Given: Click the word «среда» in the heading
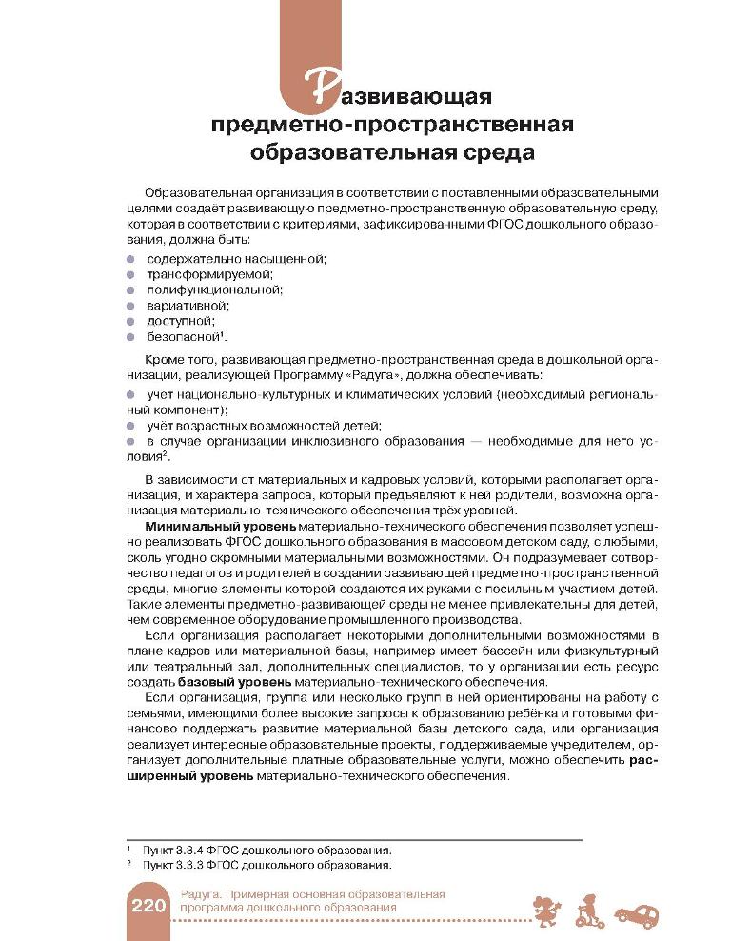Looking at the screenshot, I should pos(494,151).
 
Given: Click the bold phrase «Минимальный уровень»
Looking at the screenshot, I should pos(219,526).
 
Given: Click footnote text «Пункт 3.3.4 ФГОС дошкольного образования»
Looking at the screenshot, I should pos(266,849).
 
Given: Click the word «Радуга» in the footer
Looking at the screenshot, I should pos(196,894).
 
